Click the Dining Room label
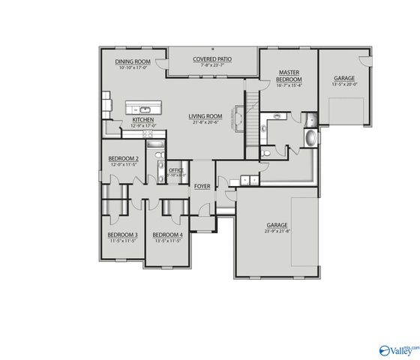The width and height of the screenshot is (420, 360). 134,61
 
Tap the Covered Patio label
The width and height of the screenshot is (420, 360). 213,58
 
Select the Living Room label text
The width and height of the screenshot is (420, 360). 205,115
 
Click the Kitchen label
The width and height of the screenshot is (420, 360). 143,119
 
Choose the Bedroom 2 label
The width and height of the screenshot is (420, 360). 123,158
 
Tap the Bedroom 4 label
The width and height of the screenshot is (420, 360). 167,235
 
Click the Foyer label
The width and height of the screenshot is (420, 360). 202,185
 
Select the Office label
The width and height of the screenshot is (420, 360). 176,170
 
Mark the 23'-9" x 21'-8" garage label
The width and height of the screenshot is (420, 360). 277,225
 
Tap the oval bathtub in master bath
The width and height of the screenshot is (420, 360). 310,138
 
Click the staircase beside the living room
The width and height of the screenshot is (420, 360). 253,112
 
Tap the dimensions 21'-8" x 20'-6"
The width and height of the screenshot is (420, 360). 205,122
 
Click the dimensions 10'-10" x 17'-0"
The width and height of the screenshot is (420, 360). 134,67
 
